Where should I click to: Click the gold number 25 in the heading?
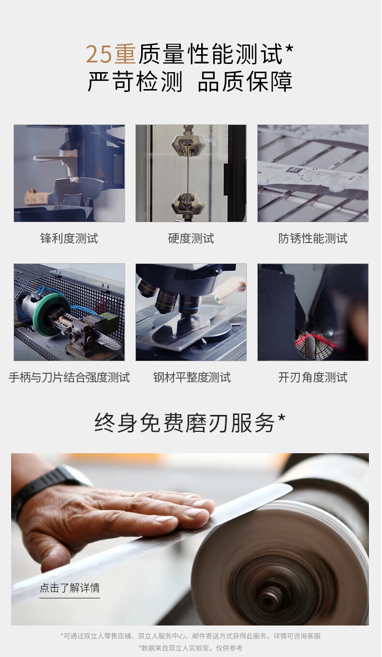(x=99, y=54)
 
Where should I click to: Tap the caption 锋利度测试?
(x=69, y=239)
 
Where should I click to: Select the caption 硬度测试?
(x=191, y=239)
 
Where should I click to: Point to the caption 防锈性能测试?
(x=313, y=239)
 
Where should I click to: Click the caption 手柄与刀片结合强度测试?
(x=69, y=378)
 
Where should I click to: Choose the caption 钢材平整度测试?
(x=192, y=378)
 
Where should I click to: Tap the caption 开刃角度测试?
(x=313, y=378)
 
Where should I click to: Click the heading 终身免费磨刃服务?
(x=185, y=423)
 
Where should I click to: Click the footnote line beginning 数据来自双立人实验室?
(x=191, y=648)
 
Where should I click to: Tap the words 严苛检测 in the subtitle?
(x=135, y=81)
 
